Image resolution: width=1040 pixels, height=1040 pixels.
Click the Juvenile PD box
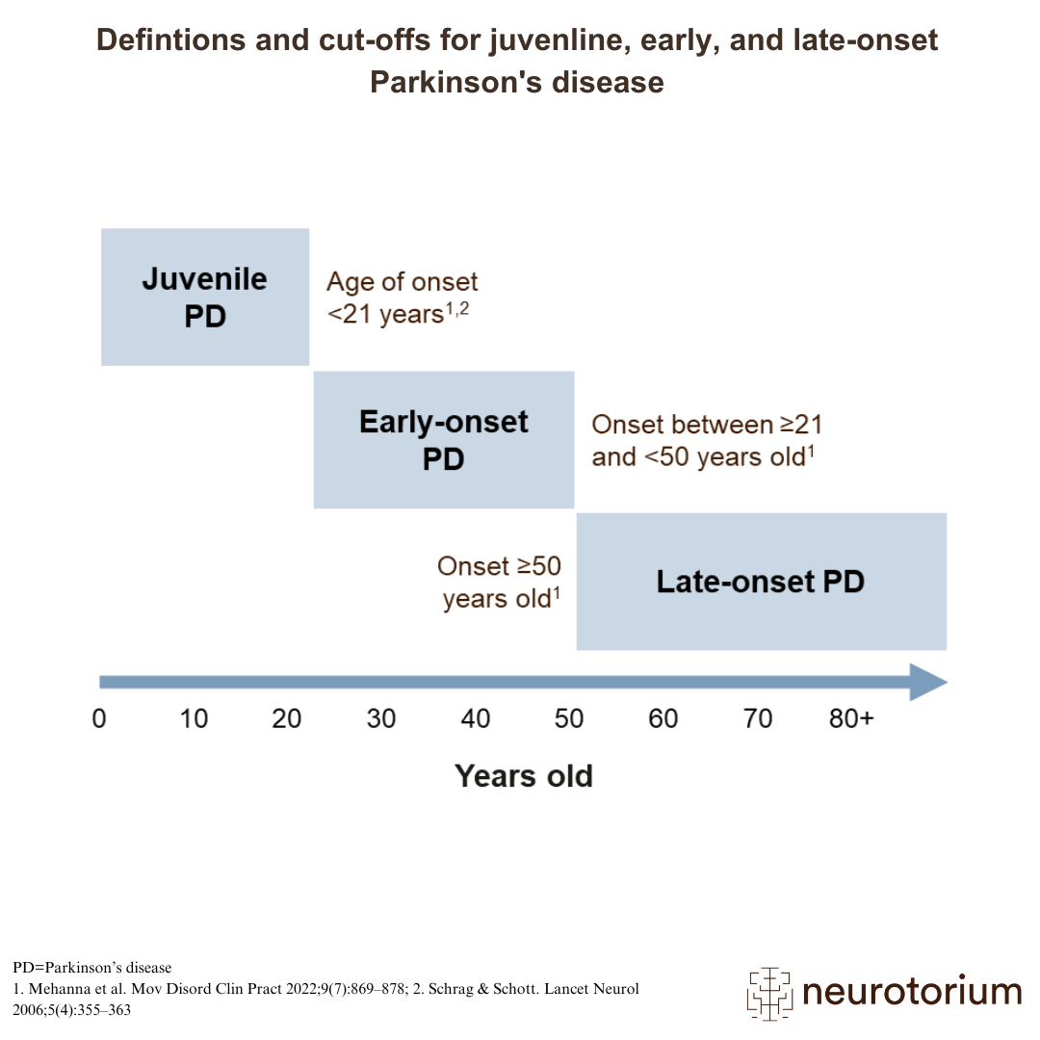tap(205, 298)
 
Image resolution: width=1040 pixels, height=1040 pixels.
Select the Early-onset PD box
tap(444, 440)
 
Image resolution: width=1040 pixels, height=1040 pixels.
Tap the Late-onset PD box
tap(762, 582)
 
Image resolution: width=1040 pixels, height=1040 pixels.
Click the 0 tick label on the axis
tap(99, 719)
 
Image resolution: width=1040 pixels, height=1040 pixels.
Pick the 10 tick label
tap(194, 719)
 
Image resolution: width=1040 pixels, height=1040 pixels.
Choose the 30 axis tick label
tap(381, 719)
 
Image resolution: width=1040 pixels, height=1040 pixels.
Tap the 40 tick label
tap(476, 719)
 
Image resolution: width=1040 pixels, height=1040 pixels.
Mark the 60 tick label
tap(663, 719)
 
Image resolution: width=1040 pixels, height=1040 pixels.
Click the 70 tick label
tap(758, 719)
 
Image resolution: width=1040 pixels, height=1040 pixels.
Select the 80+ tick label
tap(851, 719)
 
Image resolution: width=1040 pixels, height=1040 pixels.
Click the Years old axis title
tap(523, 776)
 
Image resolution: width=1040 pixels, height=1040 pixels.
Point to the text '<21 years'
tap(385, 314)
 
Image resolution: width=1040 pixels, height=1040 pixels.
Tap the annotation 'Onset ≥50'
tap(499, 566)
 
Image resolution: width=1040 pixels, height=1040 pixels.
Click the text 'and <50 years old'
tap(698, 457)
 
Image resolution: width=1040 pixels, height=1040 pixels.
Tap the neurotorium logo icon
tap(769, 993)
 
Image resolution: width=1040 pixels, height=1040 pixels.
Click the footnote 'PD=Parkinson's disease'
tap(92, 968)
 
